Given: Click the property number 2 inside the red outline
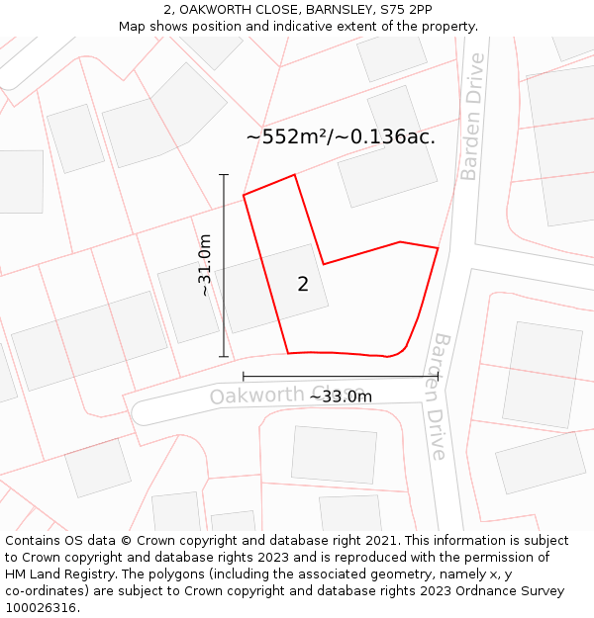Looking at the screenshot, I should tap(303, 285).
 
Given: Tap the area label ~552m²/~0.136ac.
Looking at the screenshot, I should tap(341, 137).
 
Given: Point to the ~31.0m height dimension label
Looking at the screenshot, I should tap(205, 265).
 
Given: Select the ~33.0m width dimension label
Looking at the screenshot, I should tap(341, 397).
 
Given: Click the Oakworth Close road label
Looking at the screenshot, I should tap(267, 396).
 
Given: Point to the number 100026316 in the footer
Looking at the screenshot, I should tap(43, 608).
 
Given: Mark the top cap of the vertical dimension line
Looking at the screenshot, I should tap(224, 175).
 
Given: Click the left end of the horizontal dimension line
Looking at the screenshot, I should tap(244, 377).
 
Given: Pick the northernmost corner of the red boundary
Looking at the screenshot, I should tap(294, 175).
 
